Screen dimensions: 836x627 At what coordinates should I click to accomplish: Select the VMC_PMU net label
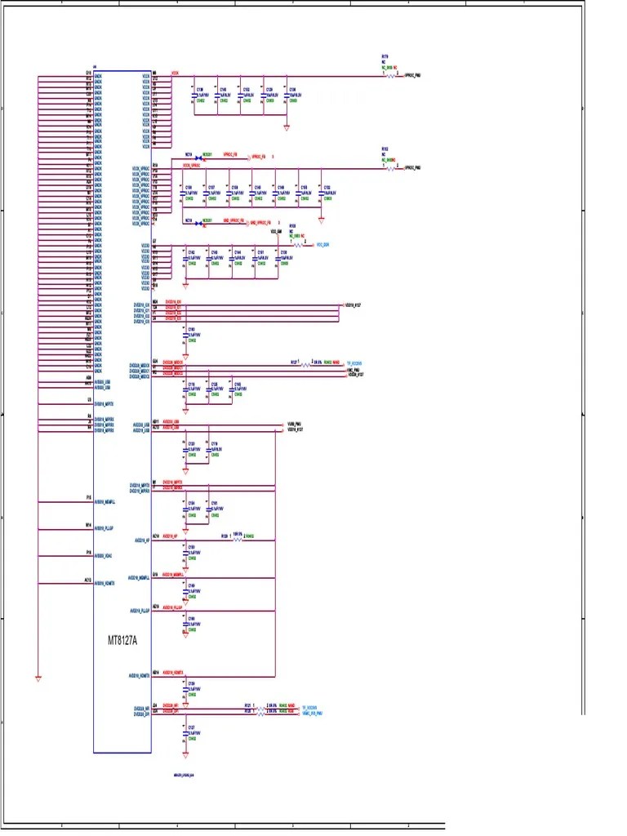point(354,370)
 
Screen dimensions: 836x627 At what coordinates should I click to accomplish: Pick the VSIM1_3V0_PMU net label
point(313,713)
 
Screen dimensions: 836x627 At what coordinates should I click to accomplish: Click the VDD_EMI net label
point(275,233)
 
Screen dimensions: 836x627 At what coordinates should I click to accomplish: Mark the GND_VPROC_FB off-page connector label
point(260,222)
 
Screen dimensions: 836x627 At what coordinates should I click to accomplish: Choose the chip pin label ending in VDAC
point(104,556)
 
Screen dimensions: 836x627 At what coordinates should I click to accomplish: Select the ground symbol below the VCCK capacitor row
point(287,127)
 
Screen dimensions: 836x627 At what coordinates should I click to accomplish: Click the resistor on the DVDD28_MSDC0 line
point(308,364)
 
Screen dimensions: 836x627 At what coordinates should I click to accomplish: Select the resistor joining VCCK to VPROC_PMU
point(389,75)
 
